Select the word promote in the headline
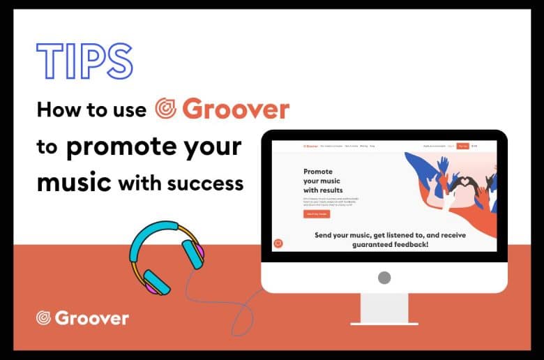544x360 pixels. (130, 147)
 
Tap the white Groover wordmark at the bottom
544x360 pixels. (91, 318)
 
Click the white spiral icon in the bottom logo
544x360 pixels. (44, 318)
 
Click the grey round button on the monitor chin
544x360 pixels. (384, 278)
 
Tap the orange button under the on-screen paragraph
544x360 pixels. (317, 214)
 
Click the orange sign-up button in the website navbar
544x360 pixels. (462, 146)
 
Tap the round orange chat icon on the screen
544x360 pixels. (279, 243)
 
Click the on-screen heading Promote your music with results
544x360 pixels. (323, 180)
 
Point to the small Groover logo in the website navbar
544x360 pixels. (309, 146)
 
